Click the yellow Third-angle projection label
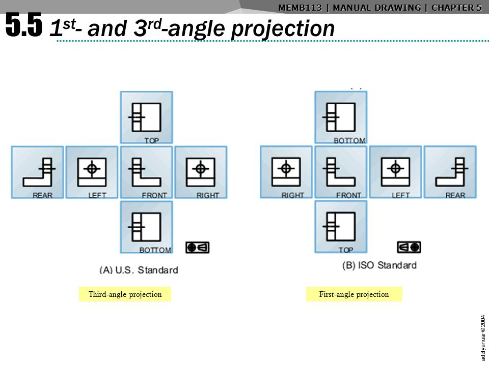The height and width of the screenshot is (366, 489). [x=125, y=294]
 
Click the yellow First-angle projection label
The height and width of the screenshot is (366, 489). [x=354, y=294]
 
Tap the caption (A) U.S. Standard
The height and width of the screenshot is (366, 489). [x=139, y=270]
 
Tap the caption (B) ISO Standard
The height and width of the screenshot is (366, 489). [x=379, y=265]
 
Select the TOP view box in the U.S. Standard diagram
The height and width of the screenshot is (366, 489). [x=146, y=117]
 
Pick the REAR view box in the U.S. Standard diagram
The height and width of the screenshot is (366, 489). [x=38, y=172]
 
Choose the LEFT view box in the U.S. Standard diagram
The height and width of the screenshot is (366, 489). [x=92, y=172]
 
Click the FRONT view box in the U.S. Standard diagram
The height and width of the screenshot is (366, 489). [x=146, y=172]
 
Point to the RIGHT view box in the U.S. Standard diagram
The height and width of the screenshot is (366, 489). [x=201, y=172]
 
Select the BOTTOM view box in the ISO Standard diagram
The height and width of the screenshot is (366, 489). [x=341, y=117]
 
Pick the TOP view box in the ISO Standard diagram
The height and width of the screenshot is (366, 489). [x=341, y=227]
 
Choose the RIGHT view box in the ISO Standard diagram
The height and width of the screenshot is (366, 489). [x=286, y=172]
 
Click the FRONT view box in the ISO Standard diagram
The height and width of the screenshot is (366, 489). [x=341, y=172]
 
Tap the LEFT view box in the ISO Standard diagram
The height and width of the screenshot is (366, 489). [x=395, y=172]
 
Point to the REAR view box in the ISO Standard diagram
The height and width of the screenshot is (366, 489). [x=450, y=172]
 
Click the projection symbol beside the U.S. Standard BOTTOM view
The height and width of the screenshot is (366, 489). [x=198, y=247]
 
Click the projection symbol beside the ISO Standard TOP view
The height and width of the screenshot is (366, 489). [x=409, y=247]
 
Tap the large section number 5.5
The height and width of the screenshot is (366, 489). [x=23, y=25]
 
